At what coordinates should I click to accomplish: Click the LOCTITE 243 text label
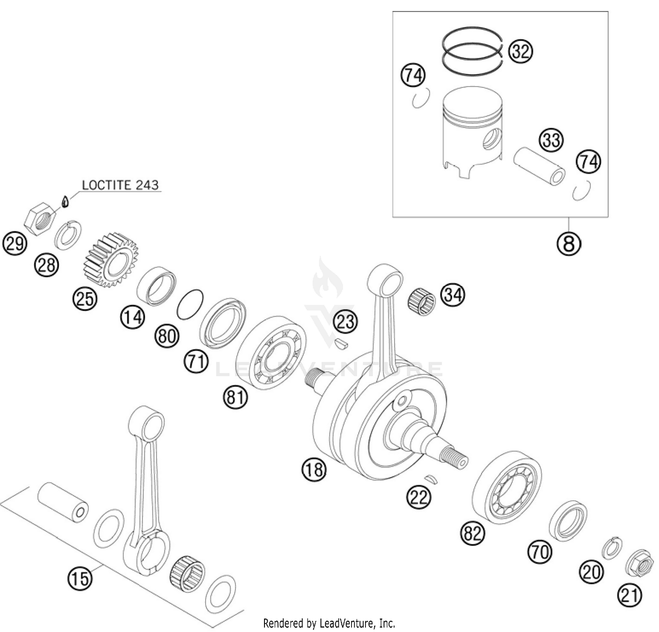click(120, 185)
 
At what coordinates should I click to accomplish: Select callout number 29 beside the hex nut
click(14, 242)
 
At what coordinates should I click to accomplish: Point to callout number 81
click(235, 397)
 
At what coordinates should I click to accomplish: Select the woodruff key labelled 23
click(341, 344)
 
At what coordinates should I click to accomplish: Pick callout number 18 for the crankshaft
click(314, 469)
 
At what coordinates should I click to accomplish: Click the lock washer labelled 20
click(611, 548)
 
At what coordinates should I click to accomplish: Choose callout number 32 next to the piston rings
click(520, 51)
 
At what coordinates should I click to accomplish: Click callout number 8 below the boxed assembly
click(568, 243)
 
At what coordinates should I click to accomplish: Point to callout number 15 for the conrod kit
click(80, 578)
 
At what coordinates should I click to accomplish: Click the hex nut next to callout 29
click(40, 218)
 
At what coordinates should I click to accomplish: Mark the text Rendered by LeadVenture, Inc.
click(329, 623)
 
